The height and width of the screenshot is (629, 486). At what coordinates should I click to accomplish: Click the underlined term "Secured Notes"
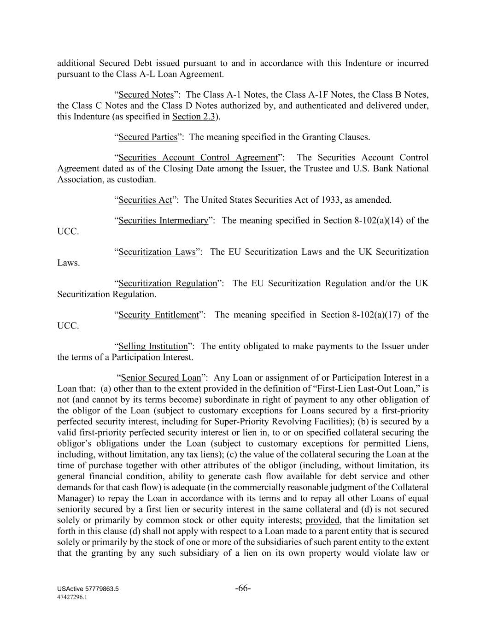tap(146, 95)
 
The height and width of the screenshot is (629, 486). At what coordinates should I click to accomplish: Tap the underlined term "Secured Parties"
tap(148, 137)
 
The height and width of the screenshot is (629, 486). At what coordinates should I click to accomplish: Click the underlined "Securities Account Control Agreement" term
tap(198, 158)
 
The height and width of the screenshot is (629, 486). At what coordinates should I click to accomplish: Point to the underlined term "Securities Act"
tap(145, 200)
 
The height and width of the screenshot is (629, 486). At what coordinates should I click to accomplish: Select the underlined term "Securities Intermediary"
tap(163, 221)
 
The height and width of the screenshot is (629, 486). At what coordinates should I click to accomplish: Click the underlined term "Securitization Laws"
tap(157, 252)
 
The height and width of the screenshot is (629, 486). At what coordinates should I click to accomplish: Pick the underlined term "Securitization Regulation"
tap(168, 283)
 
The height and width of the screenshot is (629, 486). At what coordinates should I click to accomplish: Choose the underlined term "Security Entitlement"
tap(158, 315)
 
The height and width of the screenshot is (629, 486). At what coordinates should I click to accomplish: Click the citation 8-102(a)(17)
tap(376, 315)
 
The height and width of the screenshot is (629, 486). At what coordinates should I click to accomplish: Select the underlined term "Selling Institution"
tap(153, 347)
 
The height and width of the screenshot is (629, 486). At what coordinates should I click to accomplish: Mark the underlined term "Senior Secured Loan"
tap(161, 378)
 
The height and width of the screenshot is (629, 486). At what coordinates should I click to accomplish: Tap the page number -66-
tap(243, 588)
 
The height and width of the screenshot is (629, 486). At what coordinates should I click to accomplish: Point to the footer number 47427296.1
tap(72, 597)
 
